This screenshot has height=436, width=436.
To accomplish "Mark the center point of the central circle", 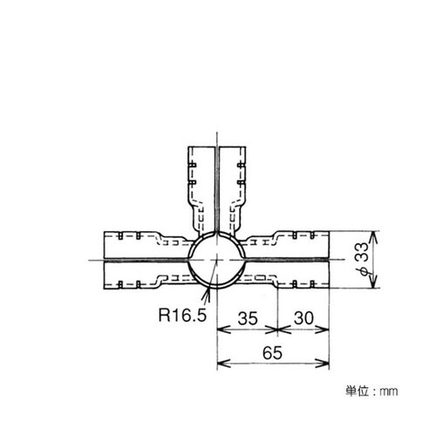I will click(215, 260).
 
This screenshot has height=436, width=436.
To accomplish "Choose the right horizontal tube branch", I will click(292, 260).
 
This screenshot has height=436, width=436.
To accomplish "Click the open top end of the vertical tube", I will click(215, 144).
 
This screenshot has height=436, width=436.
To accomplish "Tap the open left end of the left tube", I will click(104, 260).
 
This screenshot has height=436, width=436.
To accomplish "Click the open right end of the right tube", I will click(330, 260).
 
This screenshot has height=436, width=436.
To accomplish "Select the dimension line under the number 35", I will click(247, 330).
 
